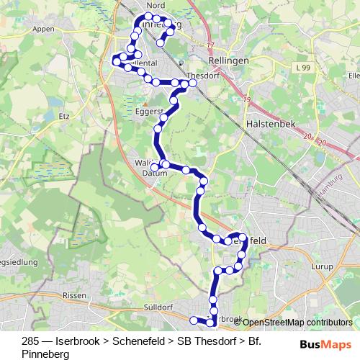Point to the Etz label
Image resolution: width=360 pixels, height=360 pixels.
tap(63, 115)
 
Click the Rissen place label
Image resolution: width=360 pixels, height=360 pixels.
tap(75, 296)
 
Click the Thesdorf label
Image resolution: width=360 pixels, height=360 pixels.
tap(199, 75)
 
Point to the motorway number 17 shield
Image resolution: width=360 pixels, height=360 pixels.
tap(211, 45)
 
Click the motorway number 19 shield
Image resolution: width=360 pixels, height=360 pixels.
tap(247, 99)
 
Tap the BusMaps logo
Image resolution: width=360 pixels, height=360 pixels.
tap(325, 344)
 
